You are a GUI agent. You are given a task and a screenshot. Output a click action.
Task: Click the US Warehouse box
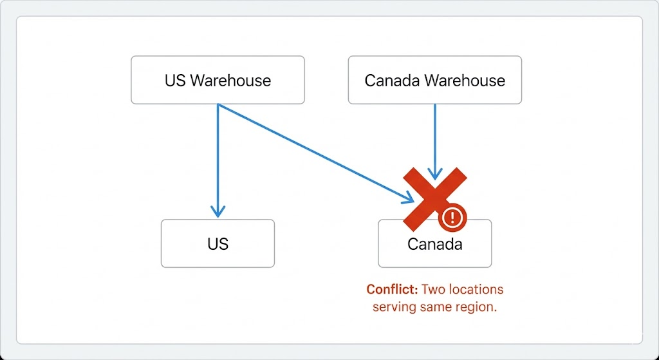[218, 80]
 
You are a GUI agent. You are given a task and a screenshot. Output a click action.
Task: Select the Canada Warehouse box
[434, 80]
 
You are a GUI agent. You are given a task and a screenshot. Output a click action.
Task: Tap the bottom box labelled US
[218, 243]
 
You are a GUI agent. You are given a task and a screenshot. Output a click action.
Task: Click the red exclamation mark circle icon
[452, 216]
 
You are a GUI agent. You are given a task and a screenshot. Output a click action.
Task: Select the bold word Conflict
[392, 290]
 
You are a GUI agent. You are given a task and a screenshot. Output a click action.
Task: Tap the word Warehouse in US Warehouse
[231, 81]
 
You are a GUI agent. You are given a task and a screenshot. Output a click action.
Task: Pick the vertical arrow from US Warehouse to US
[218, 161]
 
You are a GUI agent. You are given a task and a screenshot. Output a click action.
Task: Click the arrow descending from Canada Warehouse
[435, 138]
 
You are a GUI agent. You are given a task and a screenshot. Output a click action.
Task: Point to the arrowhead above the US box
[218, 211]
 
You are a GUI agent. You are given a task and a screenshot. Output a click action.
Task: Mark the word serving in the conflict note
[394, 307]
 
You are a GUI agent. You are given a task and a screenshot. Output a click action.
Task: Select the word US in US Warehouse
[175, 81]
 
